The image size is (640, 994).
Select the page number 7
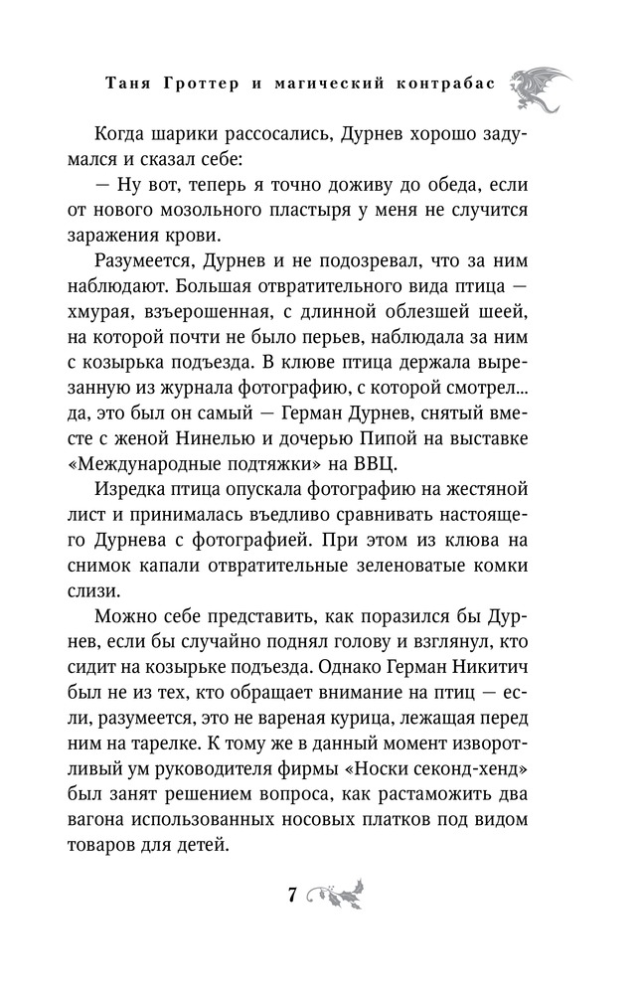(x=292, y=894)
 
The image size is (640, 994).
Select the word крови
(x=218, y=238)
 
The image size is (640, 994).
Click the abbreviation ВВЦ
(x=433, y=470)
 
